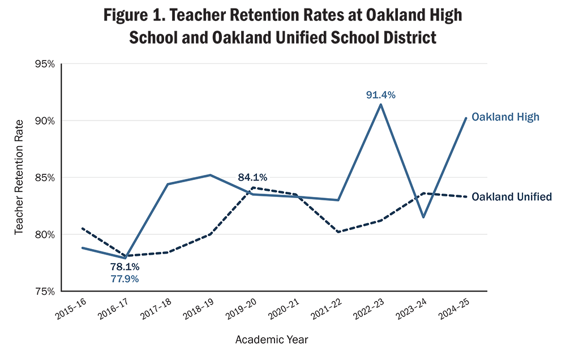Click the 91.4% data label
point(380,95)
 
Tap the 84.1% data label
point(252,178)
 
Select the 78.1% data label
point(125,267)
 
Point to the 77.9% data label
point(125,278)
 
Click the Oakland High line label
point(505,117)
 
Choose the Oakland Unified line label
point(512,197)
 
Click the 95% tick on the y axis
point(44,64)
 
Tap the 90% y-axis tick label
point(44,121)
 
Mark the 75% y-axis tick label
point(44,292)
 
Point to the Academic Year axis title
point(272,340)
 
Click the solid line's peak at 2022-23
point(380,104)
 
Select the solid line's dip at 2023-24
point(423,217)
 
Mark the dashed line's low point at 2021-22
point(338,232)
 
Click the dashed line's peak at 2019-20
point(252,187)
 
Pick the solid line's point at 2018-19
point(210,175)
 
